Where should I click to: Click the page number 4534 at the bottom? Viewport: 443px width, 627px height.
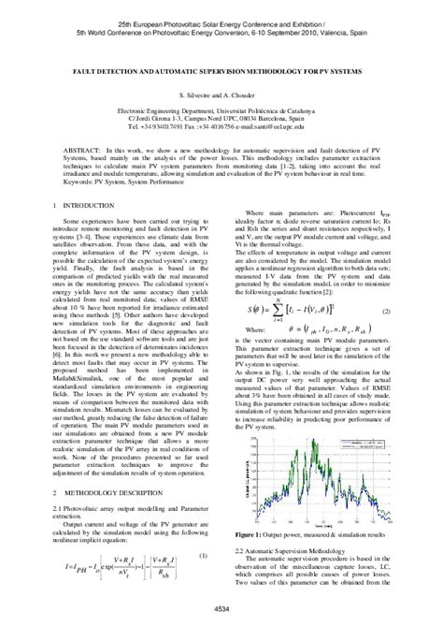pos(221,609)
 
